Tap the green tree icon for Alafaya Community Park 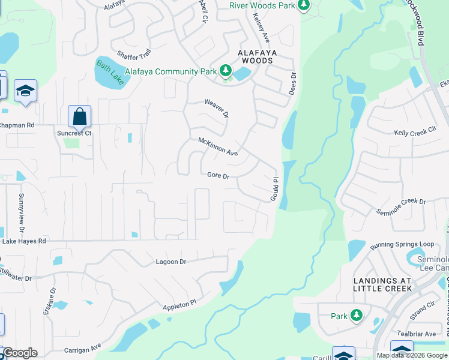point(226,72)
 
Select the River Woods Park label point(262,5)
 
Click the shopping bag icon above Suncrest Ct point(79,116)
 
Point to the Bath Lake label point(109,73)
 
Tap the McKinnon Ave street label point(218,147)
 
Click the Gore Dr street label point(218,176)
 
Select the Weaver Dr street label point(217,108)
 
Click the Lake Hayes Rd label point(24,241)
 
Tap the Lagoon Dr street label point(171,262)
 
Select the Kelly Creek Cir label point(415,132)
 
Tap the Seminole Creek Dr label point(400,207)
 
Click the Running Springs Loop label point(402,245)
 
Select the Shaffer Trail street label point(134,55)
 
